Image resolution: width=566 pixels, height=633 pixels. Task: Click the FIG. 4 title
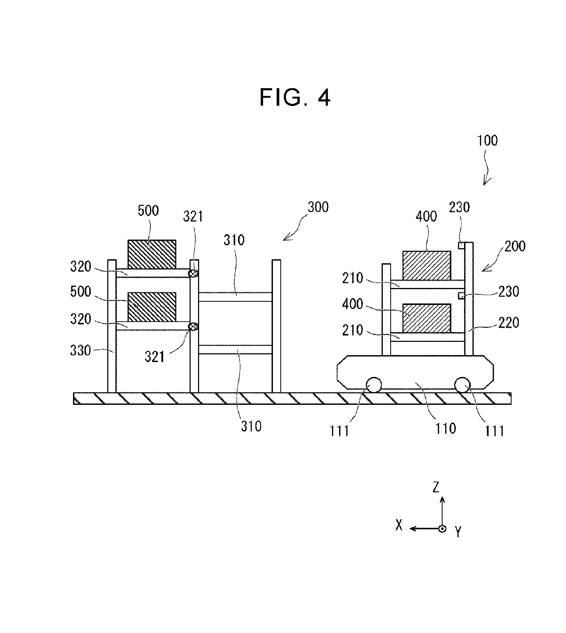click(295, 97)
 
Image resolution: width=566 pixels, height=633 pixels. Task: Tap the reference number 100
click(487, 141)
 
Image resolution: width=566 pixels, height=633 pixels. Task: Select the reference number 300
click(318, 207)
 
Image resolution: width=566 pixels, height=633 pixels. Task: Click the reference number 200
click(515, 246)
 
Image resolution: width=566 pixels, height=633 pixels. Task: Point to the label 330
click(80, 350)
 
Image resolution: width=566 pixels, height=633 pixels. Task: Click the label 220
click(509, 323)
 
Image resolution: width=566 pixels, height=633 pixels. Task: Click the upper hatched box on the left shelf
click(152, 254)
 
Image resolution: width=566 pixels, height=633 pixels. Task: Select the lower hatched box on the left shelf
click(152, 307)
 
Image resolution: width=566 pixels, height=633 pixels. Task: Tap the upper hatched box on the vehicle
click(427, 265)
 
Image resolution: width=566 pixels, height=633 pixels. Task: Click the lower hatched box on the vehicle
click(427, 318)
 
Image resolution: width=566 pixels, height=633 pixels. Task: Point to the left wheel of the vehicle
click(374, 385)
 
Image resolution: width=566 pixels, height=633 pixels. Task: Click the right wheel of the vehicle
click(462, 385)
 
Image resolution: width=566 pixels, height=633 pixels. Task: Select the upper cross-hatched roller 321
click(194, 273)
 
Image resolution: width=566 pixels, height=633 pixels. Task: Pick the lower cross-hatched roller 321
click(194, 326)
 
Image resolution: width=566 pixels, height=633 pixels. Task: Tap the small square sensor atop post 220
click(461, 245)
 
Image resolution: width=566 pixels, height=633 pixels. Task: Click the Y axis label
click(458, 532)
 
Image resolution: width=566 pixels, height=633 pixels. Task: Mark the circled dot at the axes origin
click(442, 528)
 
